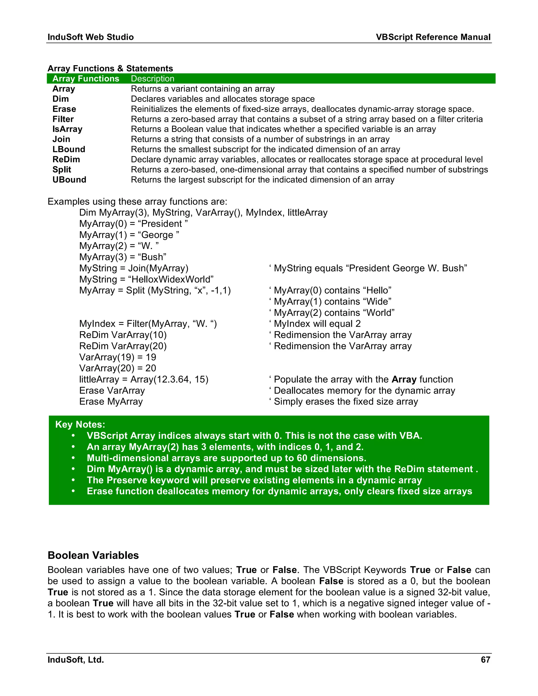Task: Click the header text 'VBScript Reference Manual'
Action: [433, 37]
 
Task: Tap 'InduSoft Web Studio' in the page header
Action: [91, 37]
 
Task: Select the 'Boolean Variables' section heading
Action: [93, 555]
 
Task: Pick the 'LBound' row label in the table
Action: [69, 149]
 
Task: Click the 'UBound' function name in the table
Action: [69, 180]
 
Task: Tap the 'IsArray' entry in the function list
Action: [67, 129]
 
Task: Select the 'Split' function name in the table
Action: [62, 170]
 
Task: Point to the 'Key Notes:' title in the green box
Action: [80, 424]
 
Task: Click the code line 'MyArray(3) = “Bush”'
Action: [123, 257]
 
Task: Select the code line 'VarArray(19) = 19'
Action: [118, 357]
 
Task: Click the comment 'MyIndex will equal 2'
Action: [317, 324]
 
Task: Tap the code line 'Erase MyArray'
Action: [111, 402]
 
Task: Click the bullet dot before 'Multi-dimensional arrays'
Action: [73, 458]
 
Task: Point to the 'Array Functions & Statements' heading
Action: [110, 68]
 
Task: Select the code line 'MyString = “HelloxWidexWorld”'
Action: [146, 279]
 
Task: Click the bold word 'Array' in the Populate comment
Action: [404, 379]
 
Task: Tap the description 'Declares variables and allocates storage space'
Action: [223, 99]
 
